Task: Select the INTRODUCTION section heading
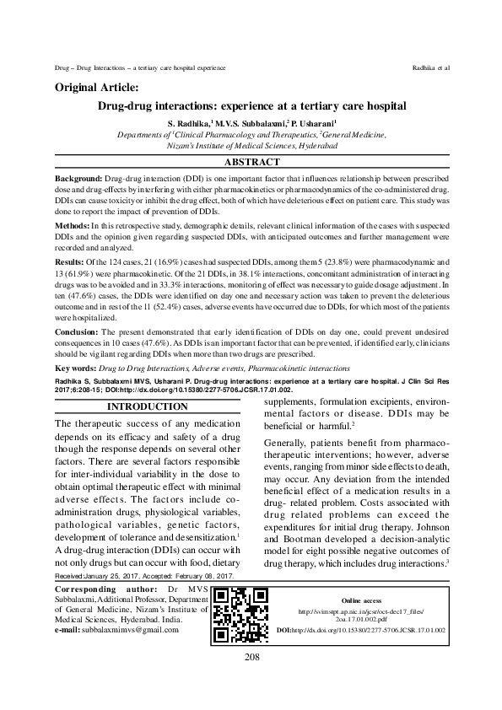tap(148, 406)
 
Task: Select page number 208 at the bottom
tap(251, 680)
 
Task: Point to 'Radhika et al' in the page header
tap(430, 66)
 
